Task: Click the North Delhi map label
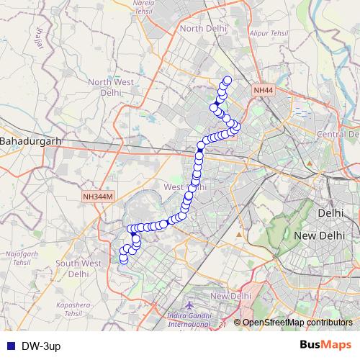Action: tap(203, 27)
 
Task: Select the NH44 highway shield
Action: tap(263, 91)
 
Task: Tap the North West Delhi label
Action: tap(110, 87)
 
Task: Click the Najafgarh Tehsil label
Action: tap(21, 258)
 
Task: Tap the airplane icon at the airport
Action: tap(189, 305)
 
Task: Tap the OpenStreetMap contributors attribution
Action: tap(297, 322)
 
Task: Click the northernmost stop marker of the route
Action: tap(228, 81)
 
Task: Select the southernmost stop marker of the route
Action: tap(123, 259)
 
